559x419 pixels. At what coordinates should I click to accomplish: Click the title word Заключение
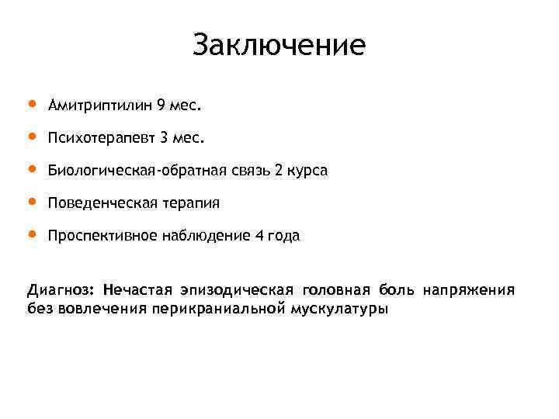(279, 45)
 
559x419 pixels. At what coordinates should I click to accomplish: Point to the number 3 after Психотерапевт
(163, 138)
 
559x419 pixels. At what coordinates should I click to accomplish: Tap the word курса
(308, 171)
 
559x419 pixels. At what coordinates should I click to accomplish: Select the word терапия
(191, 203)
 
